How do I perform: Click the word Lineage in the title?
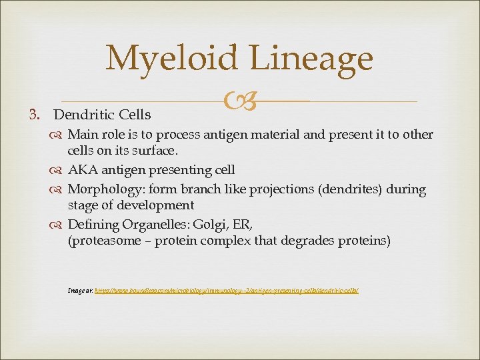(x=313, y=58)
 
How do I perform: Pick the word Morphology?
(x=101, y=189)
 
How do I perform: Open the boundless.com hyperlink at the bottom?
(x=227, y=291)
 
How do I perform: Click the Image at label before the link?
(x=80, y=291)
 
